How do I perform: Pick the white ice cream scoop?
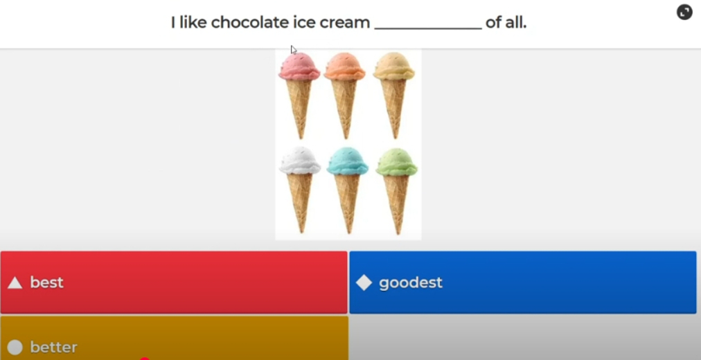click(300, 161)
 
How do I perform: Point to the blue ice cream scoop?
click(347, 161)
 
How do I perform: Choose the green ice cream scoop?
click(396, 162)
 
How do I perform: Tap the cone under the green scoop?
click(396, 204)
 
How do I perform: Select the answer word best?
click(46, 282)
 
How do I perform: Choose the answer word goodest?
click(410, 282)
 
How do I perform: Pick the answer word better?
click(53, 348)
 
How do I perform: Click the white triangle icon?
click(15, 282)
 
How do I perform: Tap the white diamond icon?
click(364, 282)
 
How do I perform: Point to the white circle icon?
click(15, 348)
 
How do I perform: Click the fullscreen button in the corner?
click(684, 12)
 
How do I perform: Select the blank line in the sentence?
click(428, 28)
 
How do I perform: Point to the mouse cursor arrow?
click(293, 50)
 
